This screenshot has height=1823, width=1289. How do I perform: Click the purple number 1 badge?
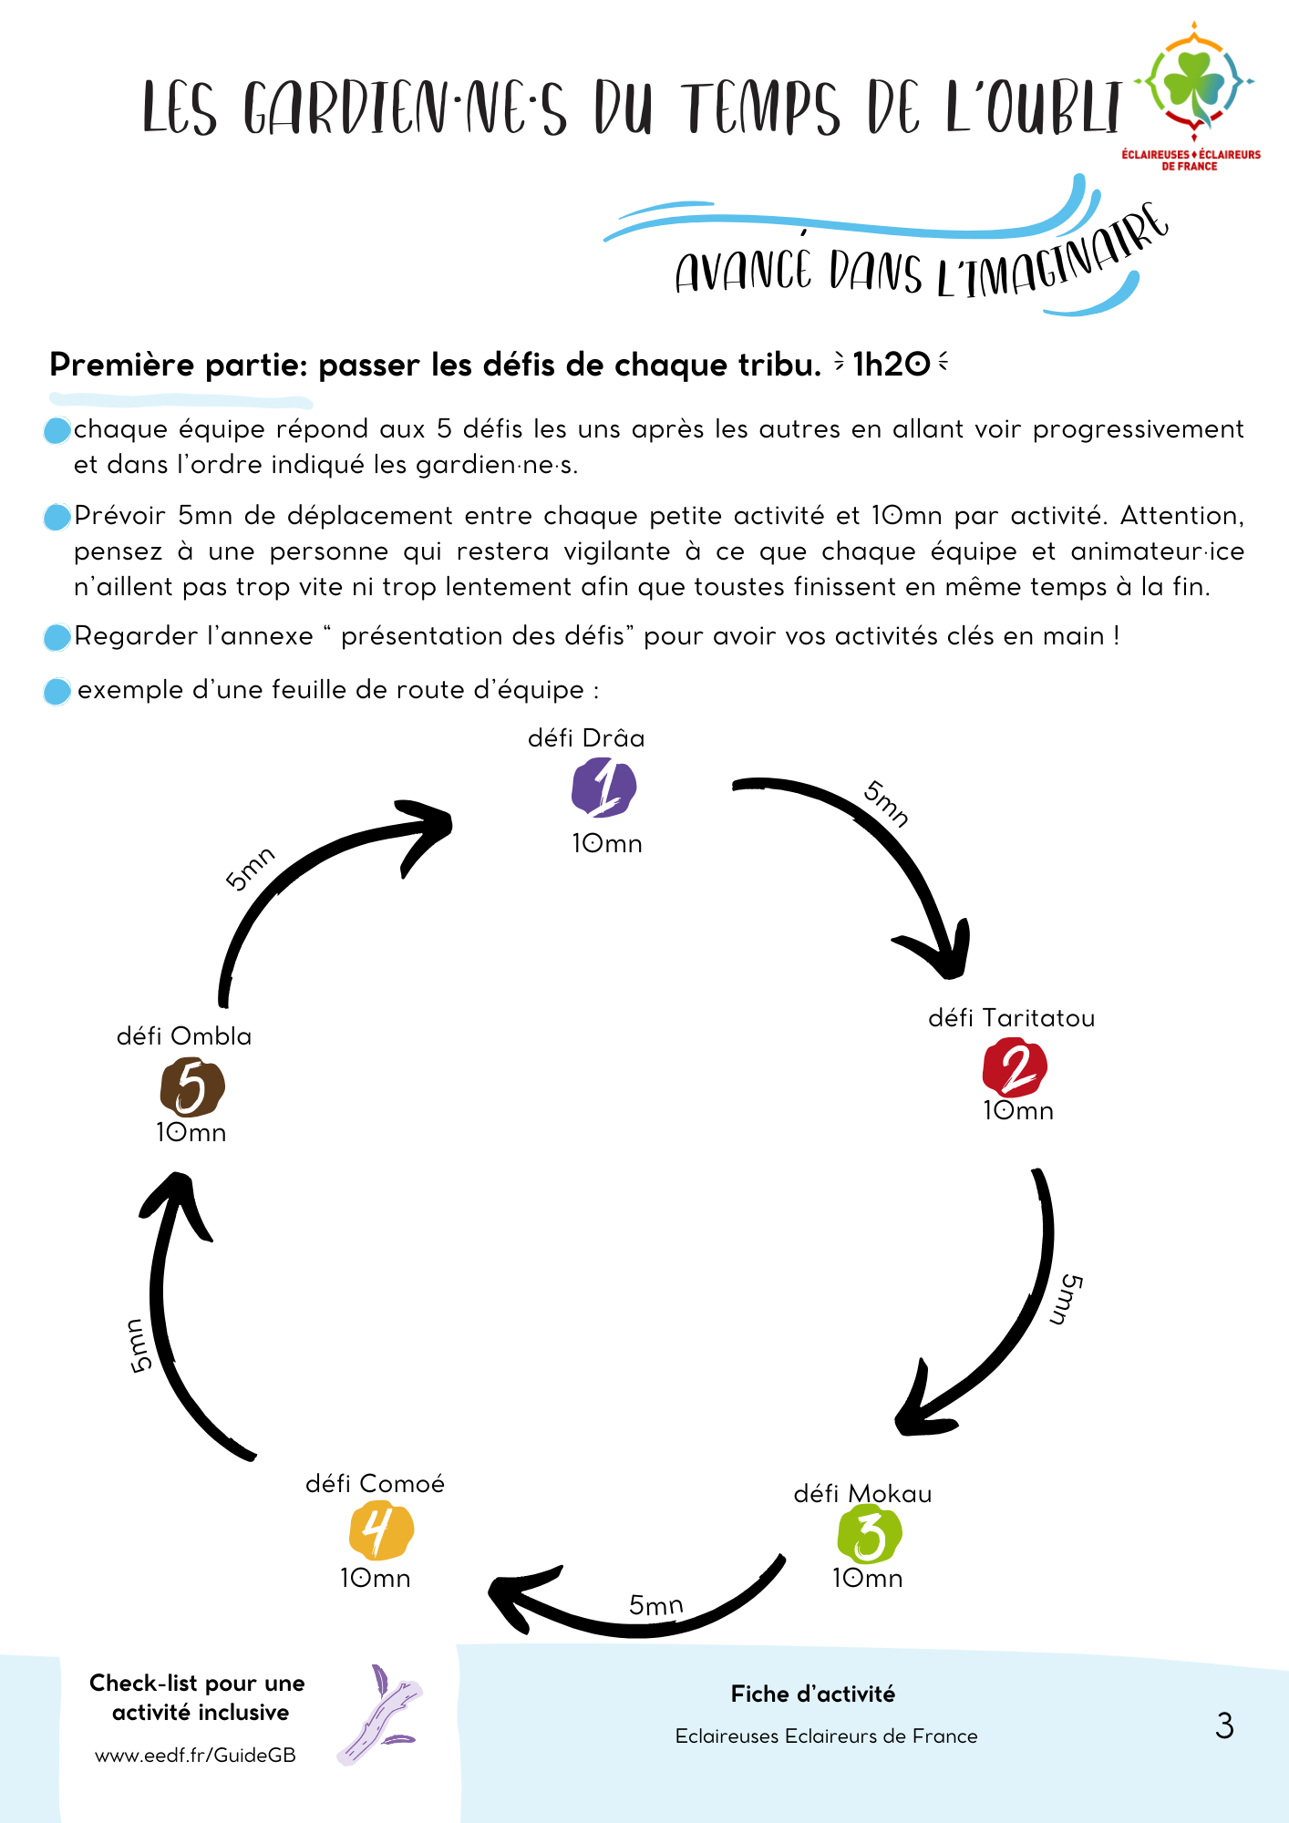coord(603,789)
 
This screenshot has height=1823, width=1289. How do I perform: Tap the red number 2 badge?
coord(1015,1067)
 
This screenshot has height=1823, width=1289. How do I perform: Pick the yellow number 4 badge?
coord(381,1530)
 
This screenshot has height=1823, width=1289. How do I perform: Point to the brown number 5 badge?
coord(192,1087)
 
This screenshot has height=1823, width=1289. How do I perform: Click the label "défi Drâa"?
coord(586,738)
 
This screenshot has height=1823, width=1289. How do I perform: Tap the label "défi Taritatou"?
coord(1011,1018)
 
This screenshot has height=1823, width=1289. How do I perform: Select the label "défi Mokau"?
coord(862,1494)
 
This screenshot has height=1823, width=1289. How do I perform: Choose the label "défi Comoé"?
coord(375,1484)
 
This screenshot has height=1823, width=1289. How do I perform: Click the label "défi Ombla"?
coord(184,1036)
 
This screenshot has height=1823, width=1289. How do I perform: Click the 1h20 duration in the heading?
coord(891,365)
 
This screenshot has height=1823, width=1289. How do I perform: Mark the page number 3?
coord(1224,1725)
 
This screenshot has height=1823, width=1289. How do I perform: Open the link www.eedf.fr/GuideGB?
coord(195,1756)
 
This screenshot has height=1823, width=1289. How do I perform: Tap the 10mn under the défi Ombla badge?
coord(191,1133)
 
